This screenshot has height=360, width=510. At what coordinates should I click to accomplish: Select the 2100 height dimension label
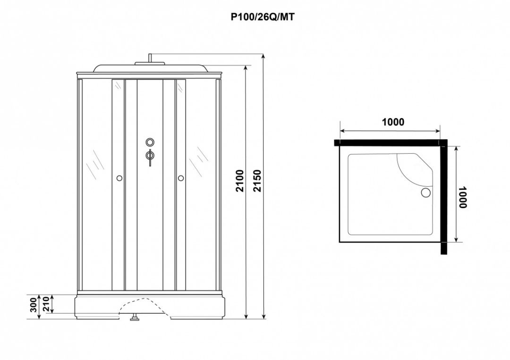click(x=241, y=180)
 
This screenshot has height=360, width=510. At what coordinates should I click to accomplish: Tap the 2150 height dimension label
click(x=257, y=180)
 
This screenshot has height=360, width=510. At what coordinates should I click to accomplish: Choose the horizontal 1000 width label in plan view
click(x=393, y=122)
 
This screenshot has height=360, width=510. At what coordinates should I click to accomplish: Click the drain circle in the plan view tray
click(x=425, y=193)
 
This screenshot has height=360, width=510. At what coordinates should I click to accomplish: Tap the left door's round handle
click(x=119, y=178)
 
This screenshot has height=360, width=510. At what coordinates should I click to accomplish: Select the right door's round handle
click(x=181, y=178)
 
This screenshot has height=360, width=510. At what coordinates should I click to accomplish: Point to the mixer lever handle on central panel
click(x=150, y=158)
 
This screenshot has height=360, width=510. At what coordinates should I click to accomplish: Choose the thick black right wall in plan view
click(x=444, y=198)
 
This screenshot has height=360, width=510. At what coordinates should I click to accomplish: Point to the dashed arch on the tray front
click(x=142, y=302)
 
